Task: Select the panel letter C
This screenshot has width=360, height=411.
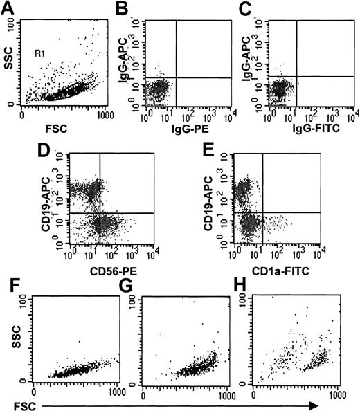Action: tap(245, 9)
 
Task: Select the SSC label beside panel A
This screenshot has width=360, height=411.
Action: tap(9, 61)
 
